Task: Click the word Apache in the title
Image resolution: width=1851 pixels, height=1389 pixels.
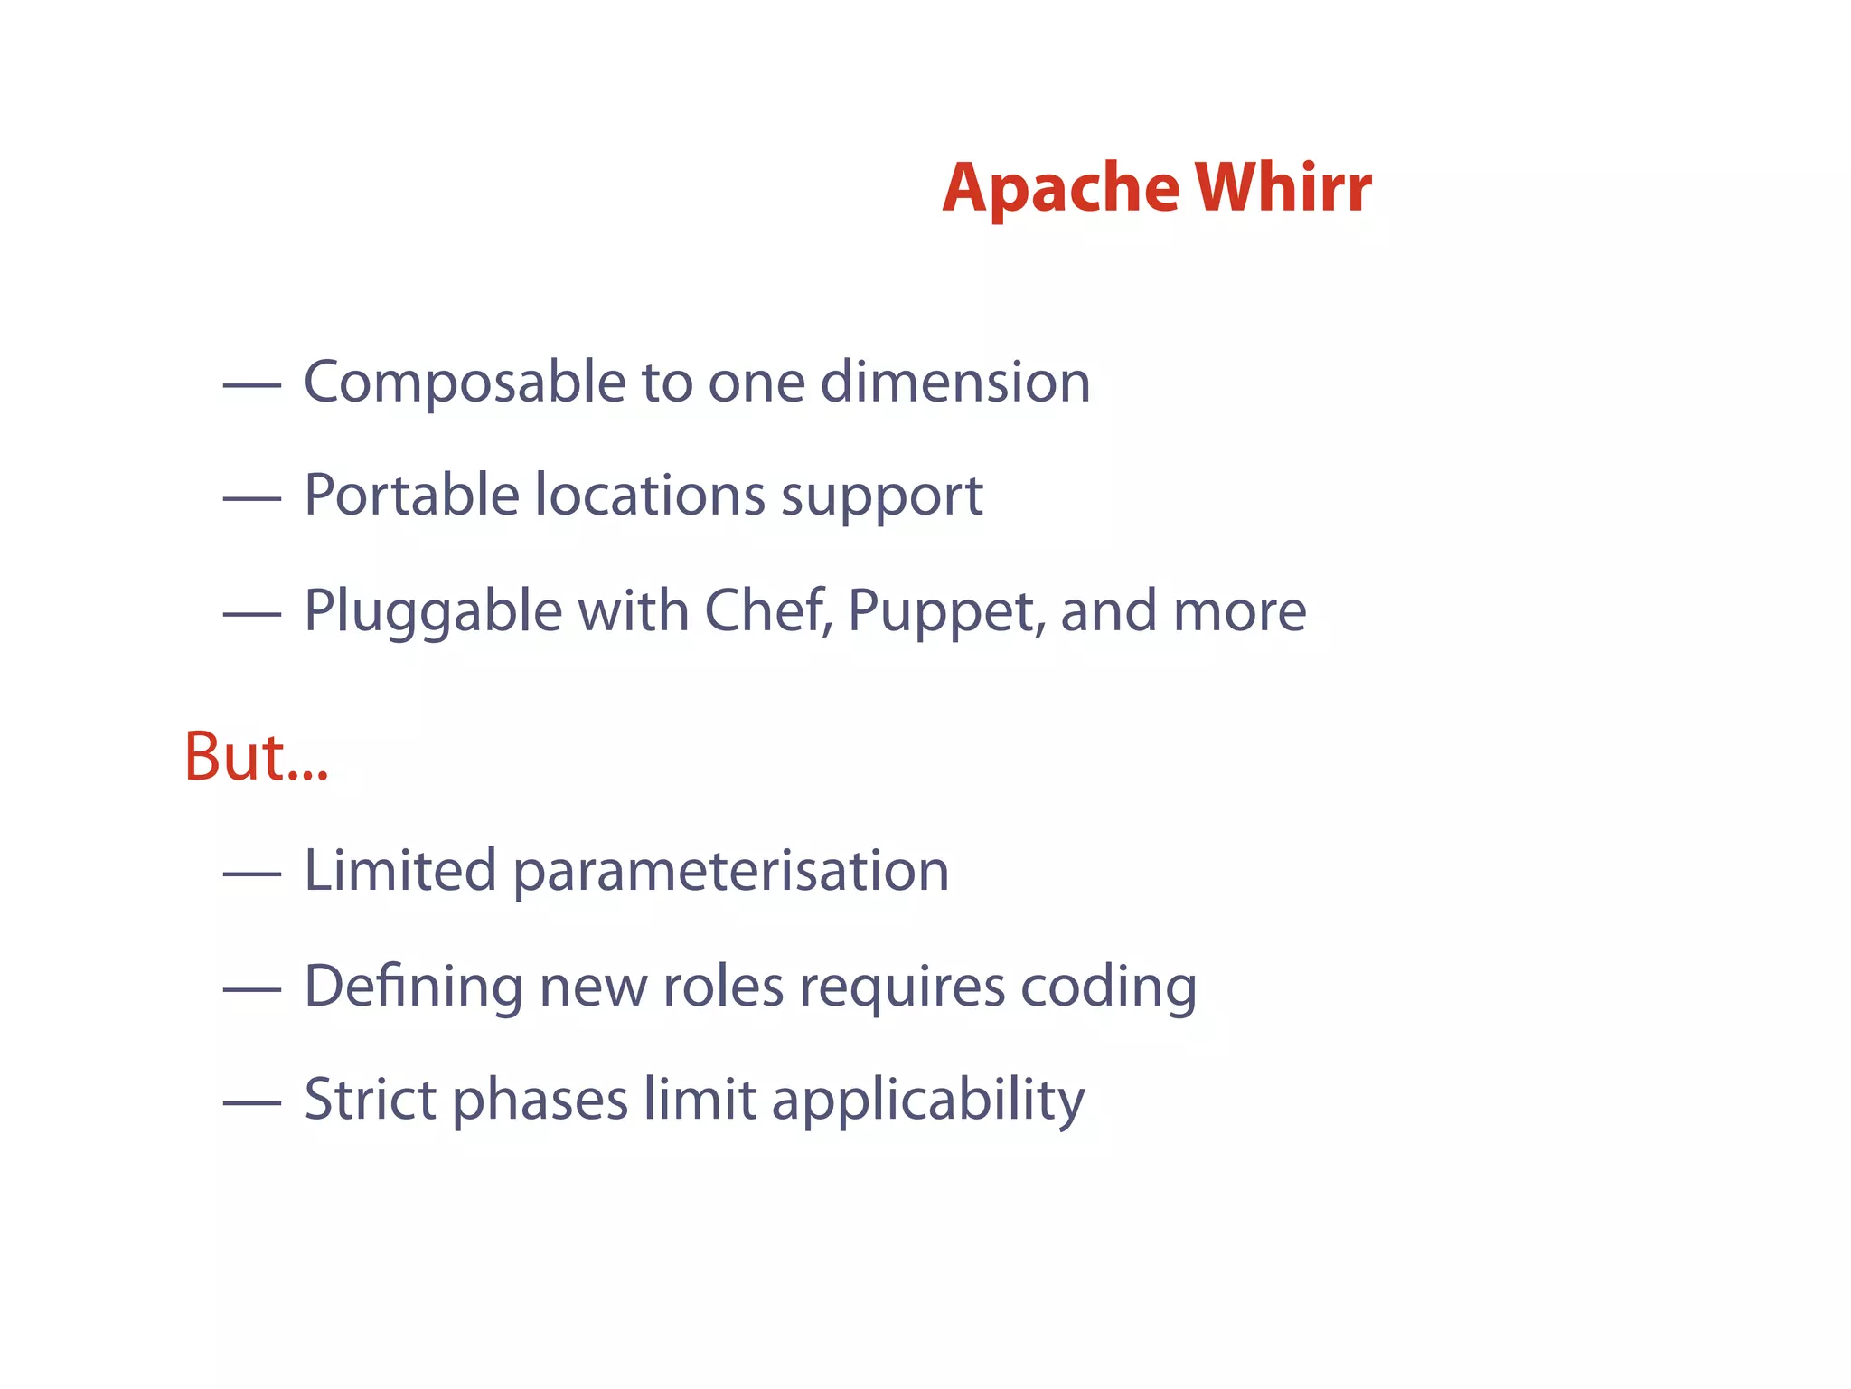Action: (x=1060, y=189)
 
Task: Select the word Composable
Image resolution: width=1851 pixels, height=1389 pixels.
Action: (x=465, y=383)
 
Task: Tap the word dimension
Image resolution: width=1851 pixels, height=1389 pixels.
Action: (x=955, y=382)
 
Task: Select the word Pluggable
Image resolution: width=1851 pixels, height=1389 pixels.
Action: (x=433, y=612)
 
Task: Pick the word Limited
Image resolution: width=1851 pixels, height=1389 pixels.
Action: (x=399, y=871)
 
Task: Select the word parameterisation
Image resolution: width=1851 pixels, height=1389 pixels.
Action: (x=731, y=873)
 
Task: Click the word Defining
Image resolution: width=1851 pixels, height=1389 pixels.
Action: (x=413, y=987)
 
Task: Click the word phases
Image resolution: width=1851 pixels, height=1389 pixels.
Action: (x=540, y=1101)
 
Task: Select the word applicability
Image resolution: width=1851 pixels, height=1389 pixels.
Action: (x=927, y=1101)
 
